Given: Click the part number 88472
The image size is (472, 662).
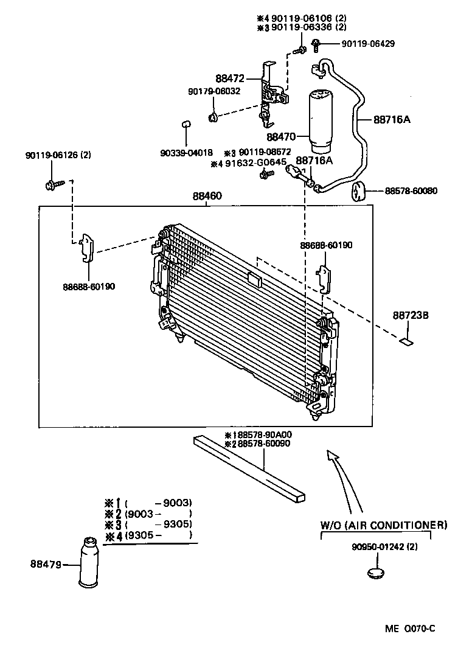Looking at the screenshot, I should [x=229, y=78].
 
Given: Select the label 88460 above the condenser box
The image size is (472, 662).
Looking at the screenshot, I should [x=207, y=196].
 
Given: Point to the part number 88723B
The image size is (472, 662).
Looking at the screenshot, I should [x=411, y=315].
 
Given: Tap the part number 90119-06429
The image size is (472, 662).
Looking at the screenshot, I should [x=367, y=44].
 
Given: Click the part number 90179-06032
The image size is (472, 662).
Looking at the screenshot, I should [x=213, y=91].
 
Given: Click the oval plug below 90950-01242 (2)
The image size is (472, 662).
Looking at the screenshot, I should [x=375, y=573].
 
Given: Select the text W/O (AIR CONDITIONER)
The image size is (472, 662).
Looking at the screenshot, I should [x=384, y=524].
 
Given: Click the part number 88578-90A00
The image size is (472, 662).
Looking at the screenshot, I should [x=262, y=435].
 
